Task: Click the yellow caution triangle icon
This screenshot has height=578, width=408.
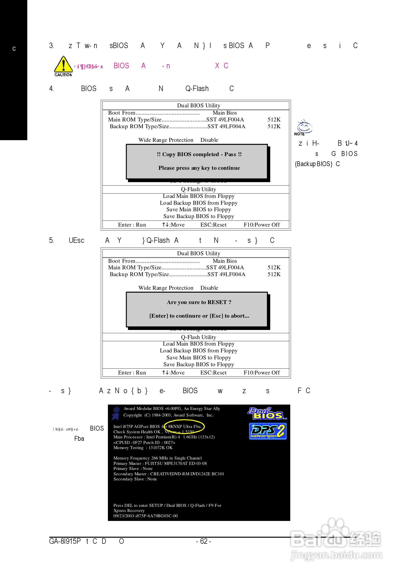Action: click(x=63, y=65)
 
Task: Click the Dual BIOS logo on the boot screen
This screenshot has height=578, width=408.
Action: click(x=267, y=414)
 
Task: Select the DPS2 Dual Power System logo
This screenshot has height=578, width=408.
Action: click(x=268, y=432)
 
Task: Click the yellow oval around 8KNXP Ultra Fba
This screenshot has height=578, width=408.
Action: click(x=184, y=427)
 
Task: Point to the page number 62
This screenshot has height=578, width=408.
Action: click(x=203, y=542)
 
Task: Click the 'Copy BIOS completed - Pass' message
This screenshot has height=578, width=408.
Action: click(x=199, y=154)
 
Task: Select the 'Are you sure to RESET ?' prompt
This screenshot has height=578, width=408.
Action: click(x=199, y=302)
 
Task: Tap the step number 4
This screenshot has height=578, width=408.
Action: click(x=51, y=89)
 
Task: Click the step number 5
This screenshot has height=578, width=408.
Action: click(x=51, y=241)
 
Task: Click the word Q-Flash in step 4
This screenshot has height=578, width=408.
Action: click(x=197, y=89)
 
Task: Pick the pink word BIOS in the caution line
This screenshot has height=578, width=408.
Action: click(x=121, y=66)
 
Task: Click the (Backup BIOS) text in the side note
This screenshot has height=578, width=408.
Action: click(x=313, y=164)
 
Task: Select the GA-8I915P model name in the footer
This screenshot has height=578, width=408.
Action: click(x=65, y=542)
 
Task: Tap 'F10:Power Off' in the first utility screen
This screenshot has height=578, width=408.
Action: click(x=262, y=225)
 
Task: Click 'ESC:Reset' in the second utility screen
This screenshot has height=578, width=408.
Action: click(x=213, y=373)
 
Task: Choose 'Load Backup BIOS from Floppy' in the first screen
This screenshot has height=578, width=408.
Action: click(x=199, y=203)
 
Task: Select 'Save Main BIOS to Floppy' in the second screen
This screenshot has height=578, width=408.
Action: click(x=199, y=358)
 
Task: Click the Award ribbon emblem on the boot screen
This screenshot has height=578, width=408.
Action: click(x=116, y=413)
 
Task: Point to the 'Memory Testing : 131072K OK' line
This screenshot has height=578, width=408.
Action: click(x=143, y=448)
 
